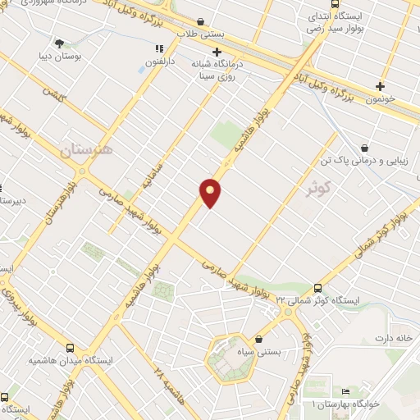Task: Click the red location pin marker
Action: pos(210,192)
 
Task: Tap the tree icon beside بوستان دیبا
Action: pos(59,43)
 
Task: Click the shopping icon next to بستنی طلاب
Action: pos(202,22)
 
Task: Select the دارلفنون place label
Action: pos(161,62)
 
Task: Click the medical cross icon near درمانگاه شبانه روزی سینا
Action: pos(216,52)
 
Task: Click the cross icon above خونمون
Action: pos(380,85)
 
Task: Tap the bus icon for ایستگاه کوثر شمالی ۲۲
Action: pos(318,288)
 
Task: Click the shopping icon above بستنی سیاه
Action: pos(259,338)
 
